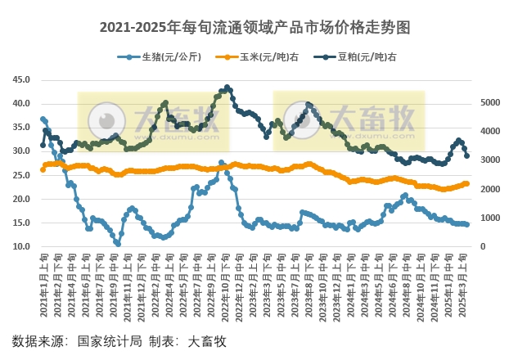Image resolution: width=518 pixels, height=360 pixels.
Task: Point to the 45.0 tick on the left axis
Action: [x=20, y=79]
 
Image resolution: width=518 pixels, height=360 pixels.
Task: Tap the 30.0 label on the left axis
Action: [x=20, y=151]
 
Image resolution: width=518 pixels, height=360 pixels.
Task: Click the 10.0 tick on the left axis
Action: [x=20, y=246]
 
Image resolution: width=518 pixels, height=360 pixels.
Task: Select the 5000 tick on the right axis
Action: [x=489, y=103]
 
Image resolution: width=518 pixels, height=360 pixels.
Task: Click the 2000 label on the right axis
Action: [x=489, y=189]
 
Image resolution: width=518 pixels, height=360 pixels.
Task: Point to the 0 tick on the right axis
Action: [x=482, y=246]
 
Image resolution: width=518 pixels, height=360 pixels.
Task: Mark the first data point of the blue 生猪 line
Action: [x=43, y=119]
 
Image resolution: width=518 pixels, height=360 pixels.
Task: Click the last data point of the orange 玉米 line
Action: [x=466, y=184]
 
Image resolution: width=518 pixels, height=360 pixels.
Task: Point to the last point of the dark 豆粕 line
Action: [x=466, y=155]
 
